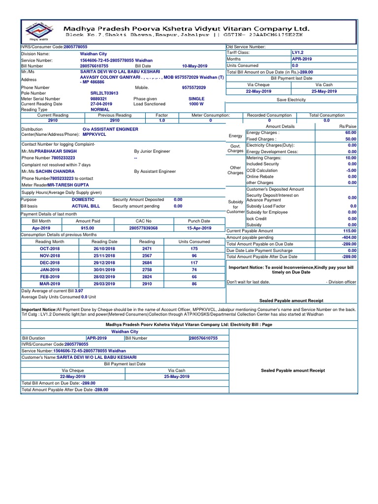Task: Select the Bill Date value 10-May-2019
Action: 195,66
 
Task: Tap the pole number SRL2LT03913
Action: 104,93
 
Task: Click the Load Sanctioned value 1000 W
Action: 196,104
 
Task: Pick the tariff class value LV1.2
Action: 299,52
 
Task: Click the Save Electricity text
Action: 291,99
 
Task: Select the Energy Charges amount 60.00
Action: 350,133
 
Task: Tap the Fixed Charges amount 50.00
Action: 350,139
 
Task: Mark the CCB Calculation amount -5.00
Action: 350,170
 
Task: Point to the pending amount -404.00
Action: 349,237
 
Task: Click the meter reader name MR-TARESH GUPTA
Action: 69,185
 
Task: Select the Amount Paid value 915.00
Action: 88,228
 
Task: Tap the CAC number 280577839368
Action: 143,228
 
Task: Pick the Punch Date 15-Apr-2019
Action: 199,228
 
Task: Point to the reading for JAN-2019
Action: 147,270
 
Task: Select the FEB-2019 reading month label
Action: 50,277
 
